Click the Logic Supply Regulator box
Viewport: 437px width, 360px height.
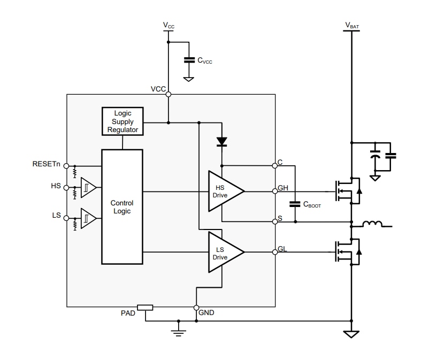[122, 121]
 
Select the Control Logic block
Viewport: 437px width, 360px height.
[122, 206]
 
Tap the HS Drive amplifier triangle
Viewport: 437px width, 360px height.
[224, 192]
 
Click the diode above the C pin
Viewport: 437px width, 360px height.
[221, 142]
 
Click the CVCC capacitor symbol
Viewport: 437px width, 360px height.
[188, 60]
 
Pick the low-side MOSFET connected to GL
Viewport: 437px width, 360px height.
[347, 251]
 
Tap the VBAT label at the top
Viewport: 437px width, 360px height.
[352, 25]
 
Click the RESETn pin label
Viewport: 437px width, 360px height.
[47, 164]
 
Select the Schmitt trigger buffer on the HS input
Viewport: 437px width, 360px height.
[88, 188]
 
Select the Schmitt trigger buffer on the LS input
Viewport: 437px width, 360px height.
[88, 218]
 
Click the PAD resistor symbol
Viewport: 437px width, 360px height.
[145, 308]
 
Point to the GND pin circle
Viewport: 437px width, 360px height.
[196, 308]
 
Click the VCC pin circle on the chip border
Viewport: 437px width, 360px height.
[168, 95]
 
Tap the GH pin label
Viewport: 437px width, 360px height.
[283, 188]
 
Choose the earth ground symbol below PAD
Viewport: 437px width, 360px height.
[179, 332]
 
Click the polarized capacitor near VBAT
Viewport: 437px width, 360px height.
[376, 156]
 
